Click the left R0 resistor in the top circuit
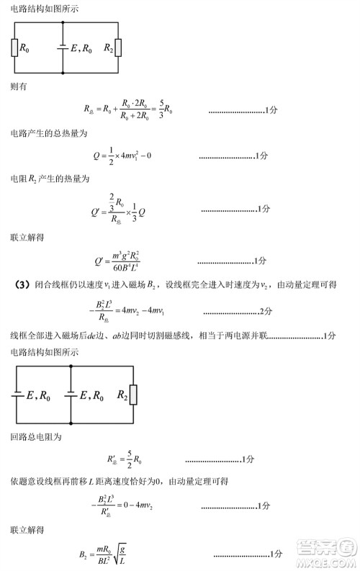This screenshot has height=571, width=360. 14,48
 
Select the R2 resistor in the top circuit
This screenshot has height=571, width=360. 119,48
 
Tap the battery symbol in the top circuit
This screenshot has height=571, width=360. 63,48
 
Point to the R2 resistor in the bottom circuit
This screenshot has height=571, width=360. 133,395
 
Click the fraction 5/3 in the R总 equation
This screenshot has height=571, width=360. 162,110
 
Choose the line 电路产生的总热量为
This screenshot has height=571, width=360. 48,134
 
